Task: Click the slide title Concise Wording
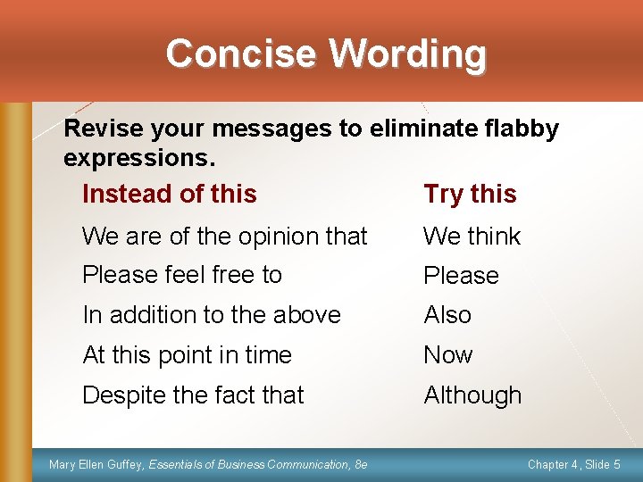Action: click(x=326, y=54)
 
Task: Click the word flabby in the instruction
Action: click(x=517, y=129)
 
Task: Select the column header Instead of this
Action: click(x=169, y=194)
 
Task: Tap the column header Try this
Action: click(x=470, y=194)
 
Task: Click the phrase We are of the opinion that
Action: click(x=224, y=237)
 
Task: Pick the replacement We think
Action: click(x=472, y=237)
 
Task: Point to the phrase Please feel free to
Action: click(x=182, y=275)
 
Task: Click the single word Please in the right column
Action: click(x=461, y=276)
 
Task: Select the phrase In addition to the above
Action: click(x=212, y=315)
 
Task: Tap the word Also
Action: click(x=447, y=315)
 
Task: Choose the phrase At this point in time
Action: click(x=187, y=355)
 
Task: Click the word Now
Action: click(x=447, y=355)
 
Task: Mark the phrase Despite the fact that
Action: click(x=193, y=395)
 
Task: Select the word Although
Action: click(x=472, y=395)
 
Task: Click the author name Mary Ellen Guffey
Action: click(x=96, y=464)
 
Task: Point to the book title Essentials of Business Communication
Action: click(x=249, y=464)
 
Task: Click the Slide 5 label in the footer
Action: click(x=605, y=464)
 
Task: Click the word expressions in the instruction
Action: click(x=139, y=159)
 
